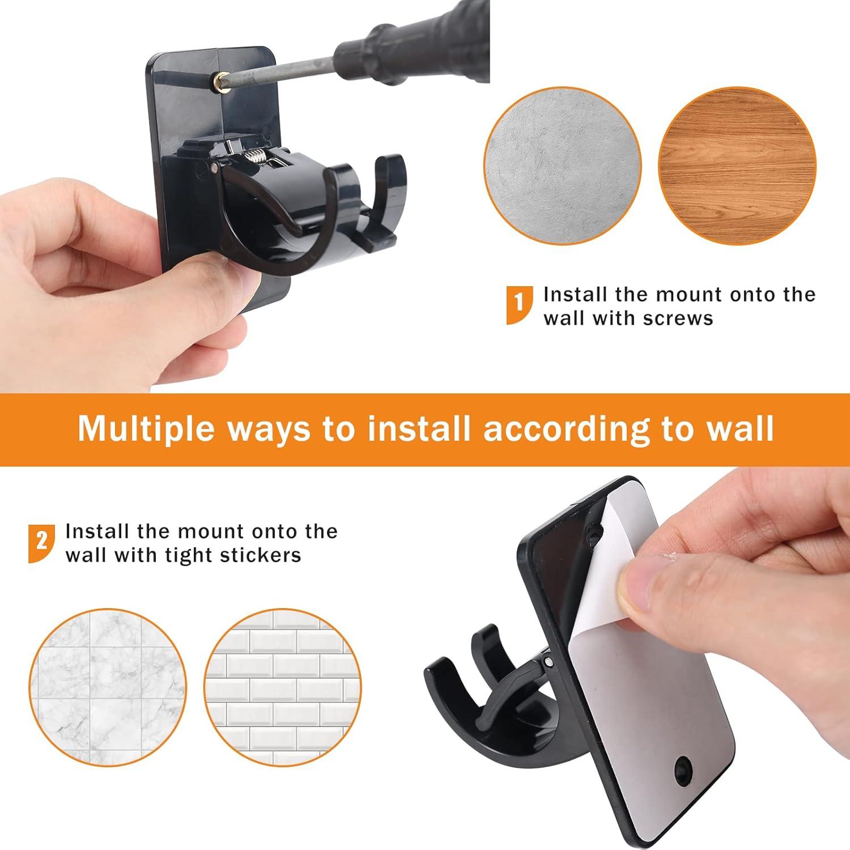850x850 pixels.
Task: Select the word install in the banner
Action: click(x=419, y=428)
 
